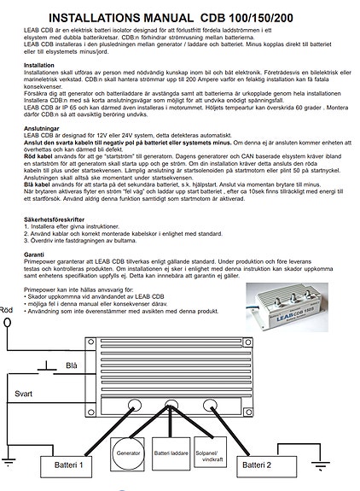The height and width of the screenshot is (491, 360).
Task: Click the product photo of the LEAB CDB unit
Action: tap(290, 305)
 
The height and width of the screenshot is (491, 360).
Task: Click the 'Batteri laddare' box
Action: tap(171, 453)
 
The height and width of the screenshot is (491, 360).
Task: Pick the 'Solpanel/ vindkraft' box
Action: tap(212, 453)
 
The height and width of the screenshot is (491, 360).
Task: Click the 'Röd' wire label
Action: tap(7, 310)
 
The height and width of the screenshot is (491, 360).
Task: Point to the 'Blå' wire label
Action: tap(72, 365)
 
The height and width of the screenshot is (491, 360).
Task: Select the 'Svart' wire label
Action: tap(25, 395)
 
